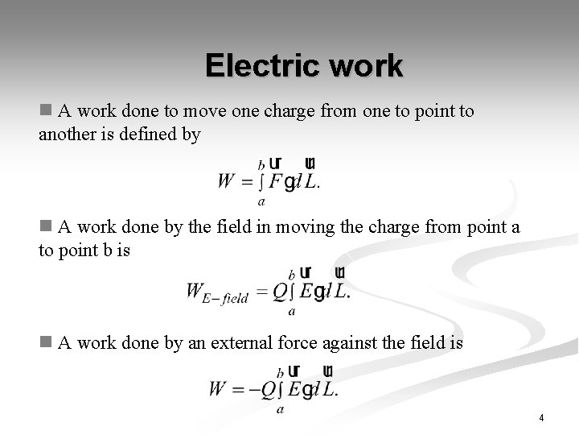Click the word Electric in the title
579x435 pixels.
point(258,66)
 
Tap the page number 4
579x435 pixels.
point(541,418)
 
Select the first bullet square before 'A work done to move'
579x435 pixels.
point(45,110)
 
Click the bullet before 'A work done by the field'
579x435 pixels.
point(45,227)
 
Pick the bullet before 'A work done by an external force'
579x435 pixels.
point(45,343)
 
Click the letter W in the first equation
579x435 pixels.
point(227,180)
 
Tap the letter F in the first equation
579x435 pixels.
point(275,180)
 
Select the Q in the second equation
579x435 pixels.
point(278,292)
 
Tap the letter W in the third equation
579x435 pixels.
point(218,389)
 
